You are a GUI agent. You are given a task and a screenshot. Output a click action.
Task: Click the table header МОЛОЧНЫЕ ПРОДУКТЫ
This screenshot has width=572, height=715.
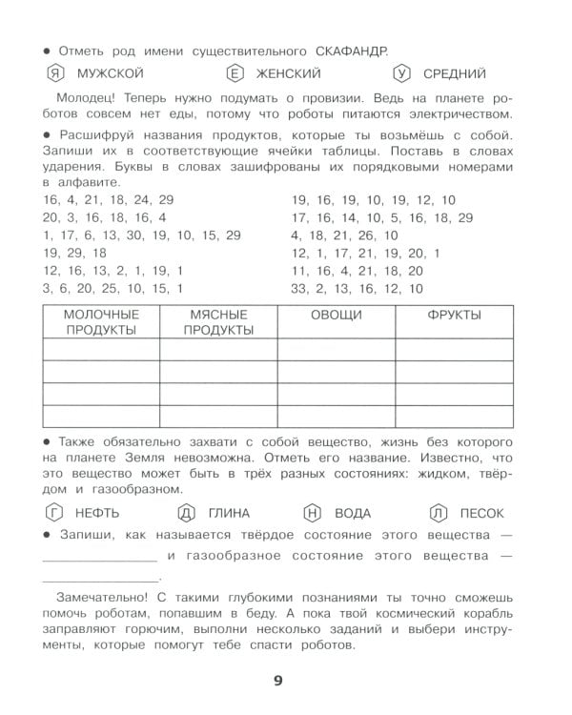pos(101,322)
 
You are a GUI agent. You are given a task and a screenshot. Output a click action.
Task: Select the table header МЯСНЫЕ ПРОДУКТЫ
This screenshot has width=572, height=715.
pos(218,322)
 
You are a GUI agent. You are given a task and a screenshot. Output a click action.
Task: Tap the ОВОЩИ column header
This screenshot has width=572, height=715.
pos(337,316)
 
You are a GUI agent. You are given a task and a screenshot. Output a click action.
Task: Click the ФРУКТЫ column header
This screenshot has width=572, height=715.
pos(454,316)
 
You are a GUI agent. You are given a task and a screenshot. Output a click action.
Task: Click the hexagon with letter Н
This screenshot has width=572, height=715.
pos(314,513)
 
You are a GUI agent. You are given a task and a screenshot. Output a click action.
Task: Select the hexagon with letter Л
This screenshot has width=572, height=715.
pos(439,513)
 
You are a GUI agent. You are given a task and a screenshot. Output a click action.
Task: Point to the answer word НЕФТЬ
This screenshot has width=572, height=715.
pos(103,513)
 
